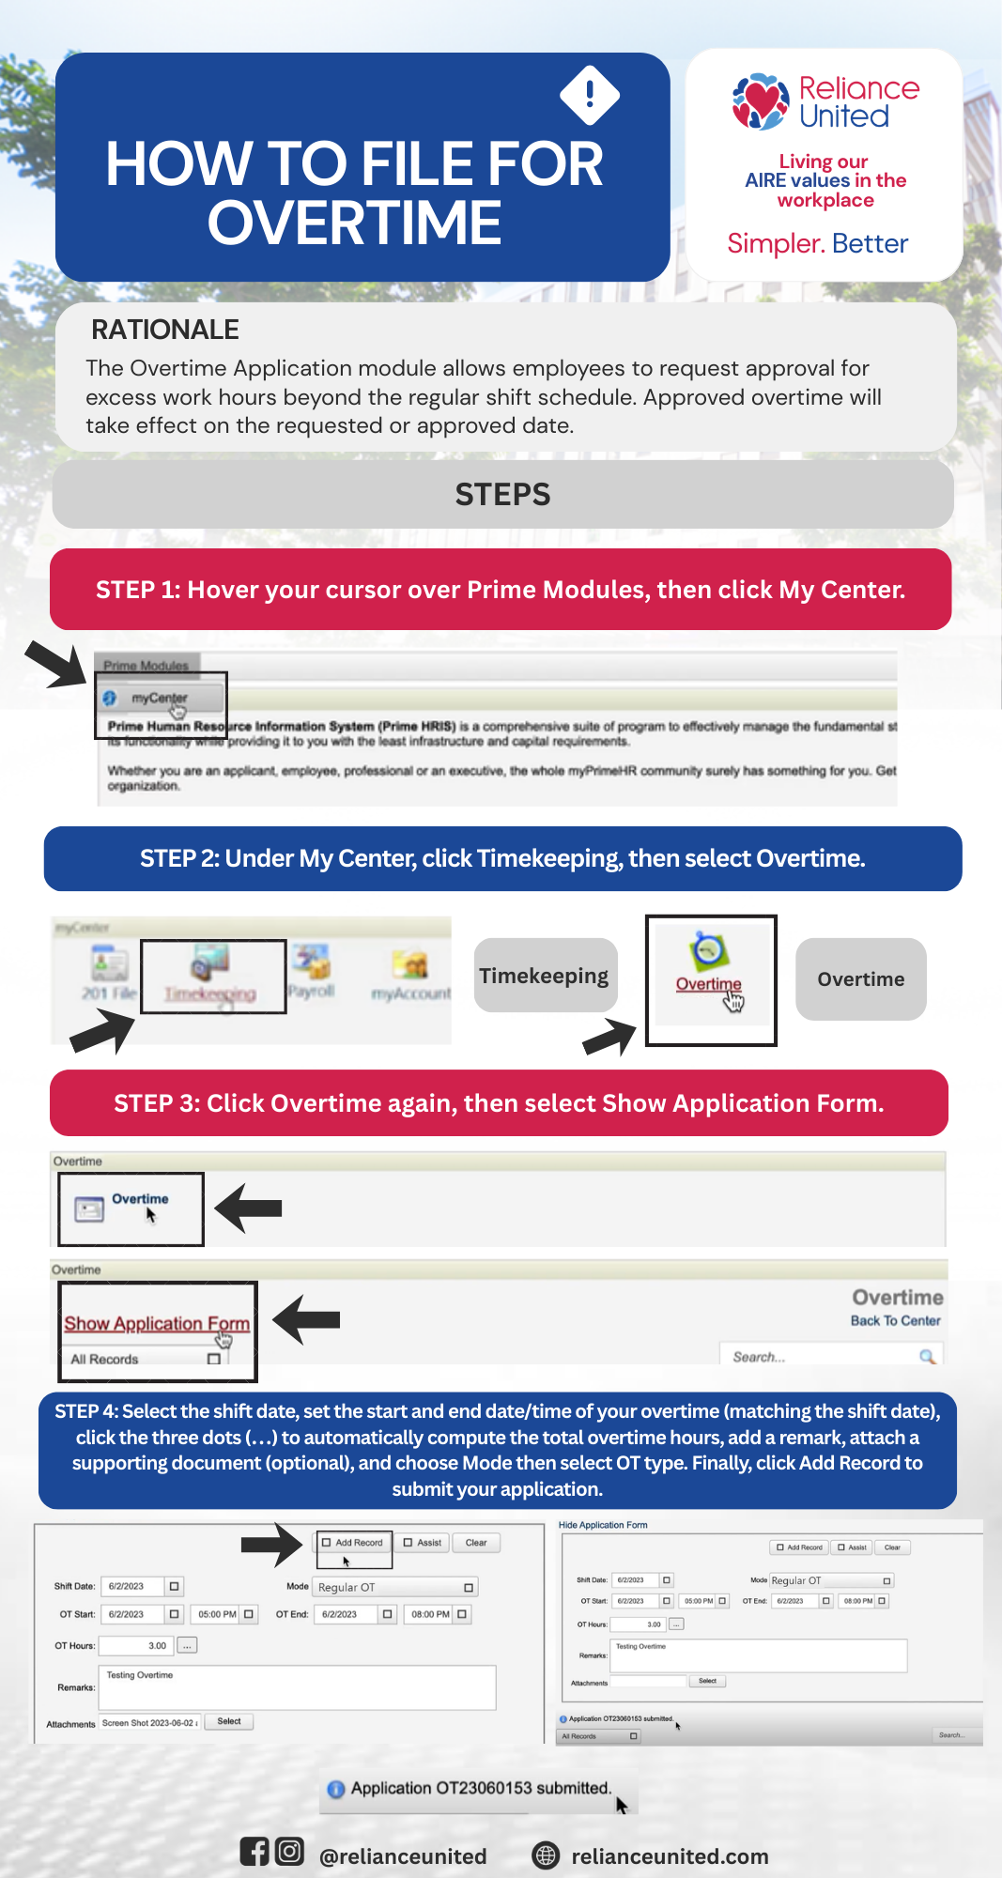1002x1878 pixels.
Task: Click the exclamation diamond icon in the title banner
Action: [x=590, y=95]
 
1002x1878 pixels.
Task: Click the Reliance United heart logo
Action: [x=761, y=101]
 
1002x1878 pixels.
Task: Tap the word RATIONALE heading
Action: [x=165, y=330]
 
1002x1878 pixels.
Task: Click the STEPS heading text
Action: [x=502, y=495]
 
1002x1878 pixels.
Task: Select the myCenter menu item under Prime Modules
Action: [x=160, y=699]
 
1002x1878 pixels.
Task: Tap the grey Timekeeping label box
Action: [x=545, y=976]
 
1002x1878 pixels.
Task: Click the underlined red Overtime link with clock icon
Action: [x=709, y=983]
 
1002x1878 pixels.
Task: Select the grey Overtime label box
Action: [x=860, y=979]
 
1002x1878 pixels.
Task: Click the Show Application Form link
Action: [x=157, y=1323]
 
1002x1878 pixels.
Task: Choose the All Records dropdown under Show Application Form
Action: [x=146, y=1359]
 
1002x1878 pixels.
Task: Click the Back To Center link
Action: [x=895, y=1320]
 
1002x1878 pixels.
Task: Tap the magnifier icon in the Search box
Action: [x=927, y=1357]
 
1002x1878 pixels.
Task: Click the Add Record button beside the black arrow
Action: [x=353, y=1543]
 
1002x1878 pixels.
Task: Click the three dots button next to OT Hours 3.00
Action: [x=188, y=1646]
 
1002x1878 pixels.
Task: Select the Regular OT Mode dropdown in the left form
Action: [x=395, y=1588]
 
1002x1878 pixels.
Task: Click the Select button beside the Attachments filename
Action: [x=229, y=1722]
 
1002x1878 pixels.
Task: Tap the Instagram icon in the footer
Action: [x=290, y=1851]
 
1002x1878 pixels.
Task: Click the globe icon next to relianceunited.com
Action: [x=546, y=1855]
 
